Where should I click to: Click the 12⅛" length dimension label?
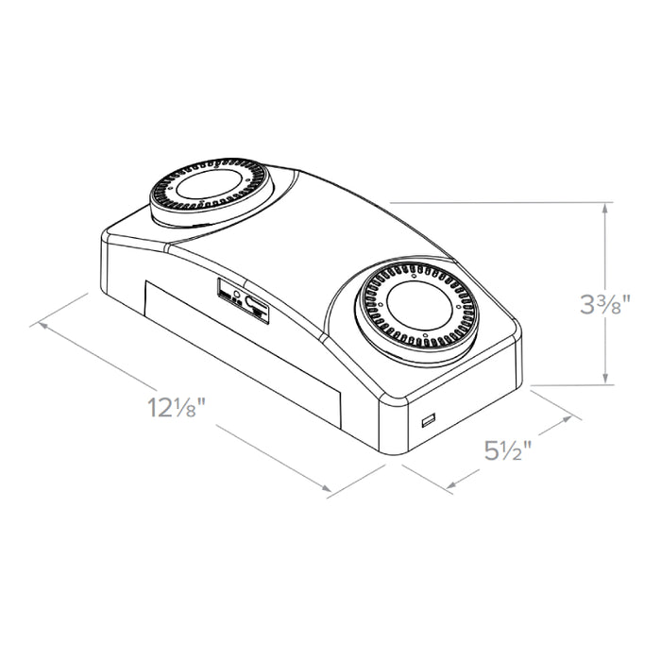click(x=177, y=407)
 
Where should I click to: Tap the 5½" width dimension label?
click(x=508, y=449)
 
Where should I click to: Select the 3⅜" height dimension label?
click(x=605, y=304)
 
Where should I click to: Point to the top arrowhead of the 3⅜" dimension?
click(x=606, y=209)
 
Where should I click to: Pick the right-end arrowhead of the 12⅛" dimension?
click(x=326, y=488)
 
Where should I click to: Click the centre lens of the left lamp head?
click(x=209, y=184)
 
